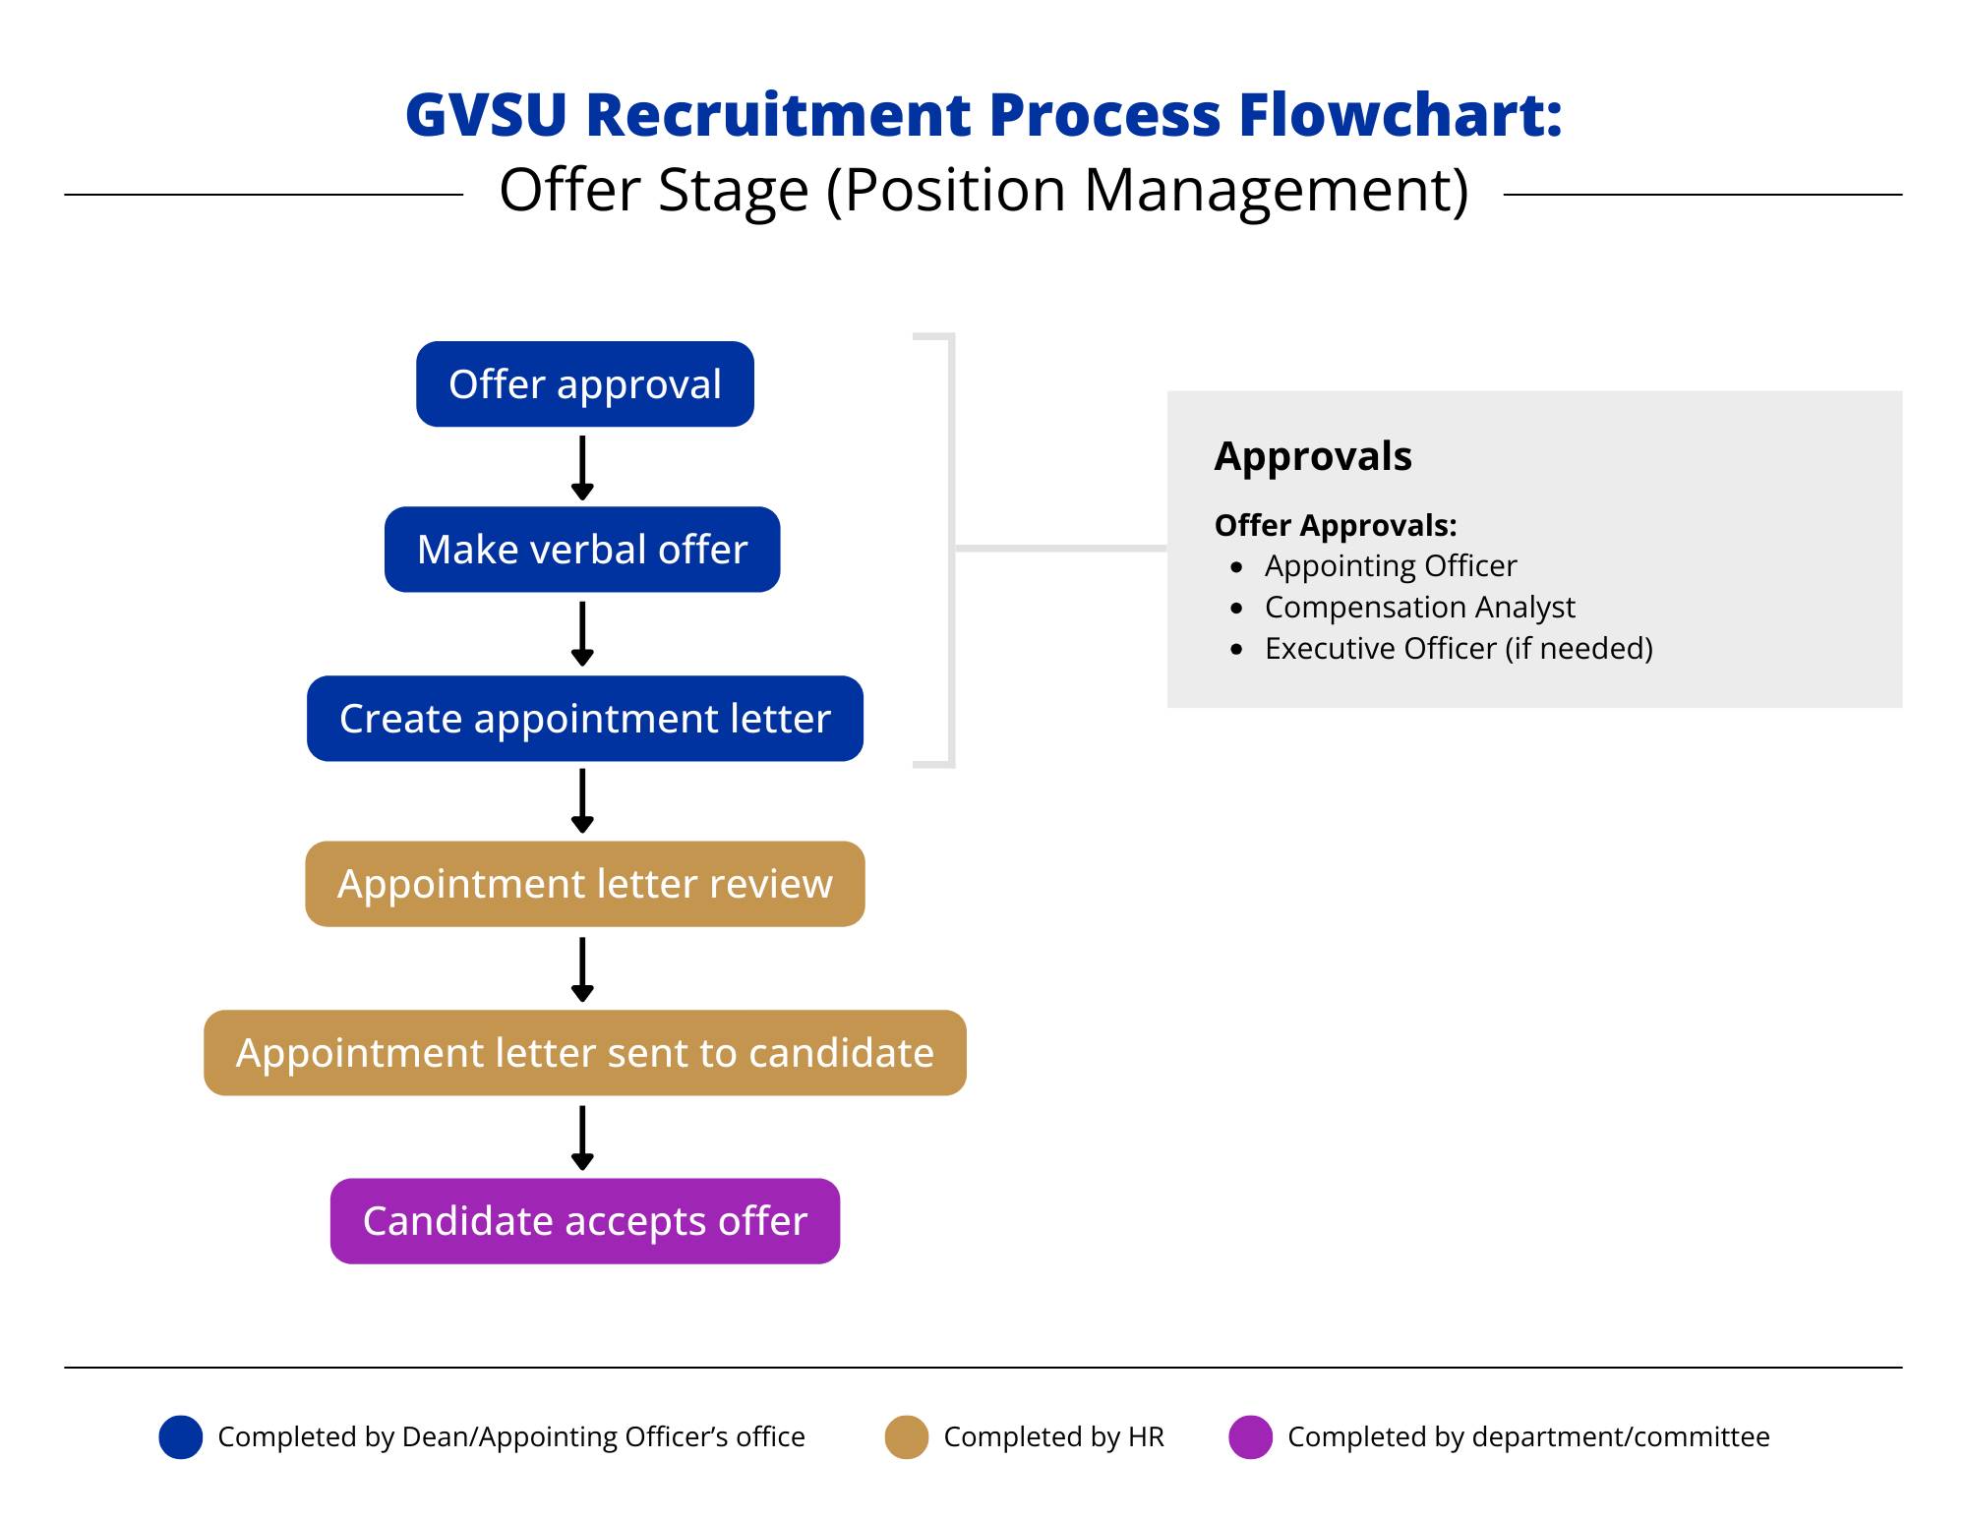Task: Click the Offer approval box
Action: (x=584, y=384)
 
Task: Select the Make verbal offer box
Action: (x=582, y=550)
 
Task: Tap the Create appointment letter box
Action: (x=584, y=719)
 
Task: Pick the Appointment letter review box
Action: (x=584, y=884)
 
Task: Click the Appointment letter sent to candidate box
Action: (x=584, y=1053)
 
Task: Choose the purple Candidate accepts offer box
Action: (x=584, y=1221)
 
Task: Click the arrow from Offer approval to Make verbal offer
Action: (x=582, y=468)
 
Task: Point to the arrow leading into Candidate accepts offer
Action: (x=582, y=1138)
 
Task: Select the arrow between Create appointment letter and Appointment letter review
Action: (x=582, y=800)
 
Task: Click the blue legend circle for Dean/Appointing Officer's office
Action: (x=181, y=1437)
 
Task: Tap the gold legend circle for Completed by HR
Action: (x=906, y=1437)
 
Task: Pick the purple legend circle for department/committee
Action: (x=1250, y=1437)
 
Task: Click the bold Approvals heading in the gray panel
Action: (x=1312, y=456)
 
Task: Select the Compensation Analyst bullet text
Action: (x=1419, y=608)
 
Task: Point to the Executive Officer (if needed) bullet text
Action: (x=1458, y=649)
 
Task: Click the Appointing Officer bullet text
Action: (x=1390, y=566)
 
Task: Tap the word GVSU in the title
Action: (x=486, y=114)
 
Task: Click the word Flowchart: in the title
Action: (x=1400, y=114)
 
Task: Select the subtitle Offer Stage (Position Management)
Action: (x=983, y=190)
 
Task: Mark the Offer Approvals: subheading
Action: (x=1335, y=526)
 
